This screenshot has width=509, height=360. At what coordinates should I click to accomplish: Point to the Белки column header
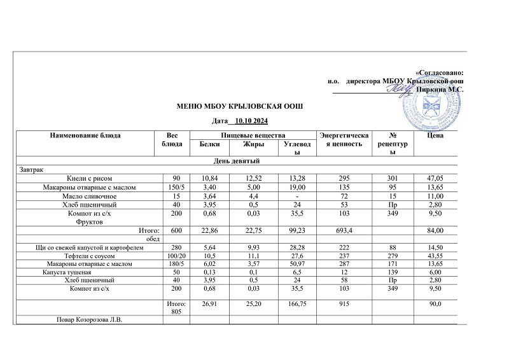200,144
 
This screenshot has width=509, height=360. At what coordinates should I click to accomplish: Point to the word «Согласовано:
439,74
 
